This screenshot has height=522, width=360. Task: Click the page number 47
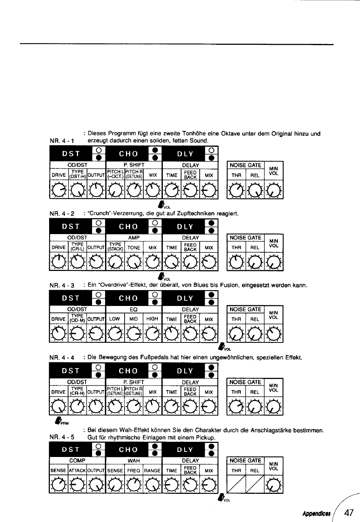pos(349,513)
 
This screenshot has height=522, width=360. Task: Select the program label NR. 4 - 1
pos(62,141)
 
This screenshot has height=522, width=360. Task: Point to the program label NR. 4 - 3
pos(62,285)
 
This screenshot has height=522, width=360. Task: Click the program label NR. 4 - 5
pos(62,437)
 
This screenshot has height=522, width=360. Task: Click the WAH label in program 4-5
pos(134,461)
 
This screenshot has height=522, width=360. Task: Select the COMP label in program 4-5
pos(77,461)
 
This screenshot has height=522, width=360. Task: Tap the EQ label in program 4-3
pos(134,310)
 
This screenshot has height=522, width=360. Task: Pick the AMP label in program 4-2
pos(134,238)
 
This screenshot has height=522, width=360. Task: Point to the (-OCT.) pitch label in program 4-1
pos(115,177)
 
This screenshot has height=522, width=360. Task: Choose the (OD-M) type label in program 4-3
pos(77,321)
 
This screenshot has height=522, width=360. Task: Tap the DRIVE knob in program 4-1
pos(58,190)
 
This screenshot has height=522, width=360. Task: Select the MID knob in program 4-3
pos(134,334)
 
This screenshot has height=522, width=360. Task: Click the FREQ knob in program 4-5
pos(134,485)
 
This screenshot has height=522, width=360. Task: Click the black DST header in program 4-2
pos(71,226)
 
